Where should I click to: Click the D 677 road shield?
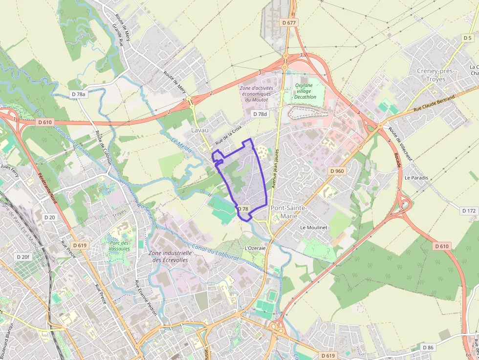tap(289, 22)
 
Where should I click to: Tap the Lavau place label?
tap(199, 130)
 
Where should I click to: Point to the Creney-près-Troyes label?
tap(435, 75)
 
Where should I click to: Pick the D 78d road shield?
tap(261, 114)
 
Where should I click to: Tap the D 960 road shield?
tap(337, 171)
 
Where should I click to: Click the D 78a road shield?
tap(78, 94)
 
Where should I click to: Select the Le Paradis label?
tap(416, 178)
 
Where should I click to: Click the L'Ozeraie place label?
tap(255, 248)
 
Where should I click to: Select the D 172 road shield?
tap(468, 211)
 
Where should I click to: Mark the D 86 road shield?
tap(428, 347)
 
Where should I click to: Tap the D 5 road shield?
tap(467, 38)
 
